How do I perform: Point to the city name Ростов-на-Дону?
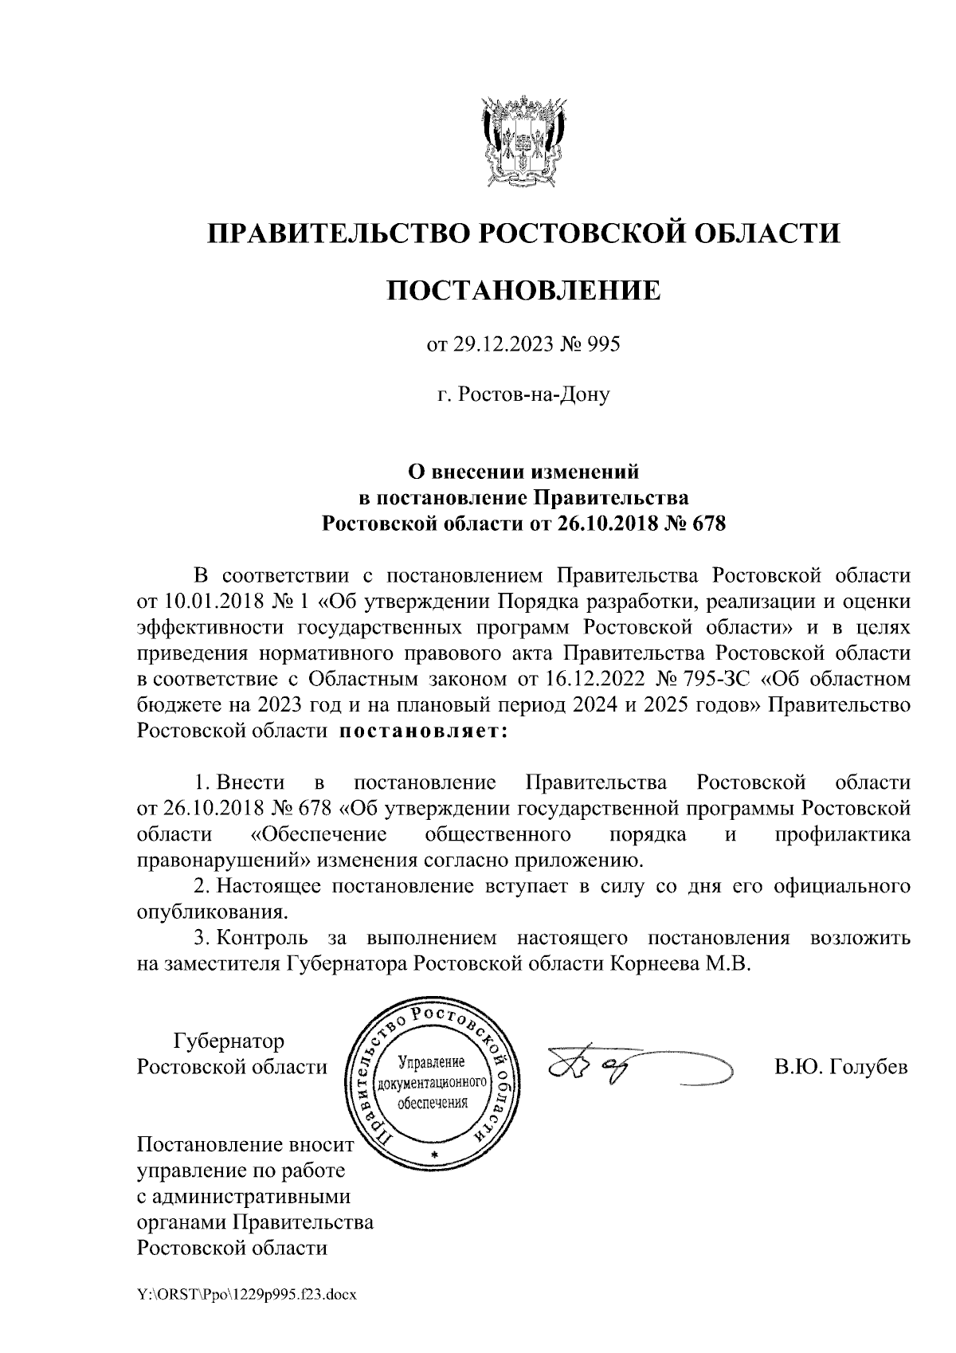(x=523, y=394)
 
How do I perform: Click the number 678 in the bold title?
(x=710, y=524)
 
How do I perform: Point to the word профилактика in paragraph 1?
(x=843, y=834)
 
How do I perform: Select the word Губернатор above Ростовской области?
(x=229, y=1041)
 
